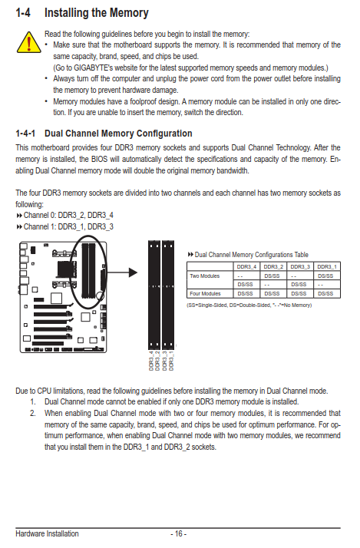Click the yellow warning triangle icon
click(x=28, y=42)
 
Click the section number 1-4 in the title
click(x=23, y=13)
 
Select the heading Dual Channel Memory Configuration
click(x=118, y=134)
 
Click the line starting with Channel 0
click(x=64, y=215)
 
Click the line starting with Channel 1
click(x=64, y=227)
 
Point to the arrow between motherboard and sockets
click(x=121, y=272)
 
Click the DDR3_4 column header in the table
click(x=246, y=266)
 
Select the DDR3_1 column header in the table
click(x=327, y=266)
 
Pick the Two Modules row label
click(x=204, y=276)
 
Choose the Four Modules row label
click(x=205, y=293)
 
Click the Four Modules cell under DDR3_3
click(x=299, y=293)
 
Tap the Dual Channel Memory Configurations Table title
click(x=248, y=255)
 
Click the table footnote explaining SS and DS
click(x=249, y=305)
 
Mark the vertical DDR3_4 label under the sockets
click(x=151, y=361)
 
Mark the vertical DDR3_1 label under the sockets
click(x=171, y=361)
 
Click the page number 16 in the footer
click(x=178, y=533)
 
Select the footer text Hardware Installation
click(x=47, y=533)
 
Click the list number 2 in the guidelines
click(x=32, y=413)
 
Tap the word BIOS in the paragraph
click(x=99, y=160)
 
